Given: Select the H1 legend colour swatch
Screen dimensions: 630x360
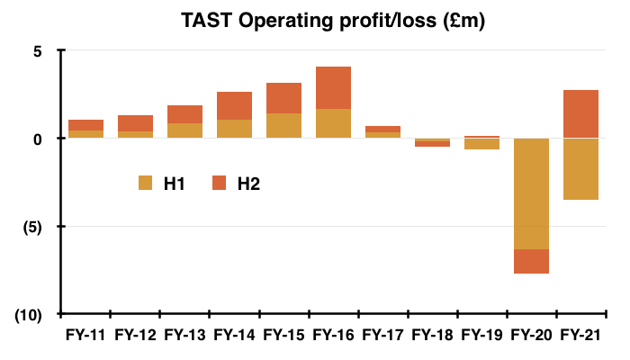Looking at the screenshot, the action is (x=146, y=183).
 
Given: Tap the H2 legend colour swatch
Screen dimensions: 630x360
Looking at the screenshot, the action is (x=219, y=183).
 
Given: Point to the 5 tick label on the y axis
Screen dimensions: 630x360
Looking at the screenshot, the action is (x=38, y=51).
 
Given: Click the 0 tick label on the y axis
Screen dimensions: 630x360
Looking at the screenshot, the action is (x=38, y=139).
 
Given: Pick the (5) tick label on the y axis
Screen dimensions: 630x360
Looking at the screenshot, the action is (x=32, y=228).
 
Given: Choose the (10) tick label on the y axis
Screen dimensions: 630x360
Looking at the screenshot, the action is (x=28, y=315).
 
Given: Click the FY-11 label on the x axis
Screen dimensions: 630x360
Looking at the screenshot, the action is (x=85, y=335).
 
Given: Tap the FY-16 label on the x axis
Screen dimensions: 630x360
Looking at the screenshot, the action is (x=333, y=335).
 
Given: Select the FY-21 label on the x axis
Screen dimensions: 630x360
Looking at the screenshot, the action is (x=580, y=335).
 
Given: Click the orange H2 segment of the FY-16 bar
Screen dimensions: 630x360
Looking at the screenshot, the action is (x=334, y=87).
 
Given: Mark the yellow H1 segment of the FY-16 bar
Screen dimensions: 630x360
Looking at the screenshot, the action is (x=334, y=123).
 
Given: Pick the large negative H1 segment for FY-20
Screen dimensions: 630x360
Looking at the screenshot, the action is (x=532, y=193).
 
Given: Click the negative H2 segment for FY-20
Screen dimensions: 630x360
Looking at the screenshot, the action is (x=532, y=262).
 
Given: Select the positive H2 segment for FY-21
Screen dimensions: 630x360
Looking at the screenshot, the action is (x=581, y=113).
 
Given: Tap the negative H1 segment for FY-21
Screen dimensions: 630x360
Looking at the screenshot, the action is (x=581, y=169).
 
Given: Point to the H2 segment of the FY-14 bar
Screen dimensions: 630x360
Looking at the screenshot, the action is (x=234, y=105).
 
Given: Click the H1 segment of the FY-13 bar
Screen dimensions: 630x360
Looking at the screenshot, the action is (x=184, y=130).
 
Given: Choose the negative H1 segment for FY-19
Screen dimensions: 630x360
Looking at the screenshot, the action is (x=481, y=144).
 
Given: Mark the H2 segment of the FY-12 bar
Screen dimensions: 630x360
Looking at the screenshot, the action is (x=135, y=123).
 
